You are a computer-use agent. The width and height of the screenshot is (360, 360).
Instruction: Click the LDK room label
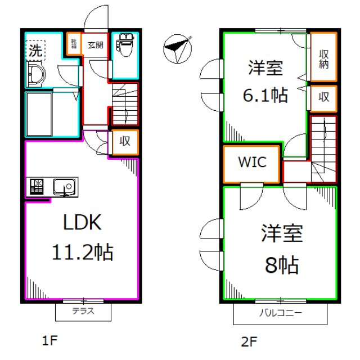(x=82, y=223)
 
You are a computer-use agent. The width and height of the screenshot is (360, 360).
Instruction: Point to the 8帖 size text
(x=282, y=264)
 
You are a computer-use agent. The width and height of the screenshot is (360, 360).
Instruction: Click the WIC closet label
(x=251, y=163)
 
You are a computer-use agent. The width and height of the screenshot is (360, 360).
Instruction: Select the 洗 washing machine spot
(x=35, y=49)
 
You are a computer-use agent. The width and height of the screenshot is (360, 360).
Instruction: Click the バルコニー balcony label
(x=281, y=313)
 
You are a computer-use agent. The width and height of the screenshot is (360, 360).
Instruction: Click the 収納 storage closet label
(x=324, y=58)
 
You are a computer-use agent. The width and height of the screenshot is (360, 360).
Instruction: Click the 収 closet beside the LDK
(x=124, y=142)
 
